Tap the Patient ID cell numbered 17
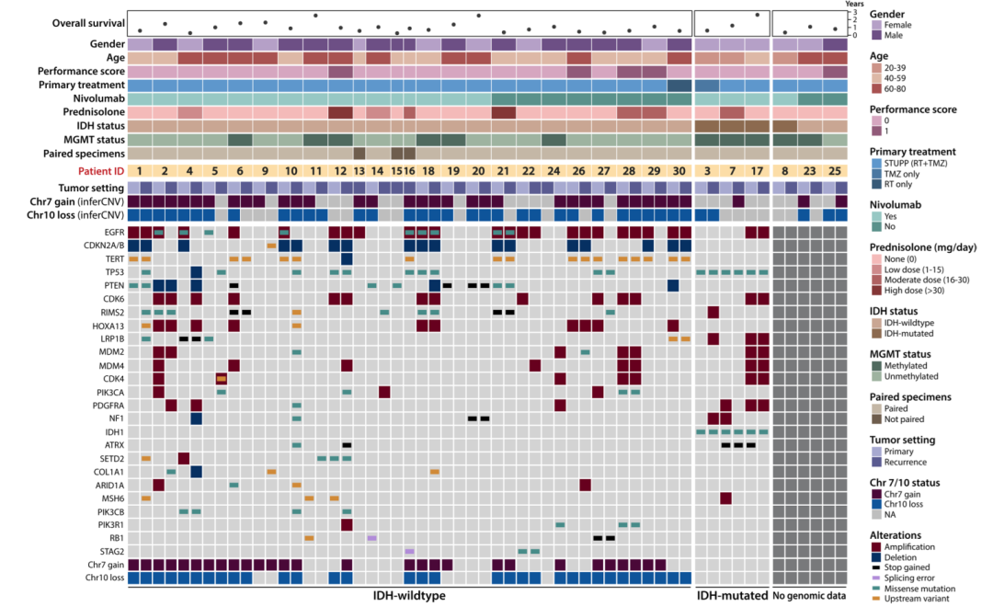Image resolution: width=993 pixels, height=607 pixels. pyautogui.click(x=757, y=171)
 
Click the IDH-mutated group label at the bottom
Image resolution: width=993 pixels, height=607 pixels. pyautogui.click(x=731, y=596)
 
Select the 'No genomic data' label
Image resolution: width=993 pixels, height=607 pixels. pyautogui.click(x=810, y=596)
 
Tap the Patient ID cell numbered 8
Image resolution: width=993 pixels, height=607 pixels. pyautogui.click(x=784, y=171)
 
